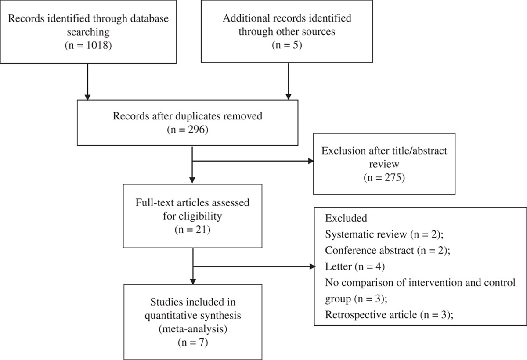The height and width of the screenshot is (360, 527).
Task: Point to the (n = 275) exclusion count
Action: click(384, 178)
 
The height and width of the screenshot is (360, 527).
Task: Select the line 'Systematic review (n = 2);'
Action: click(385, 234)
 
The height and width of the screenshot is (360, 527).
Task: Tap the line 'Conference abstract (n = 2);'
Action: click(385, 250)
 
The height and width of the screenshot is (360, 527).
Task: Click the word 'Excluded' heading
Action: click(343, 218)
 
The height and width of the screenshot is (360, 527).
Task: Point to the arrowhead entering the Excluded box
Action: click(312, 266)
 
